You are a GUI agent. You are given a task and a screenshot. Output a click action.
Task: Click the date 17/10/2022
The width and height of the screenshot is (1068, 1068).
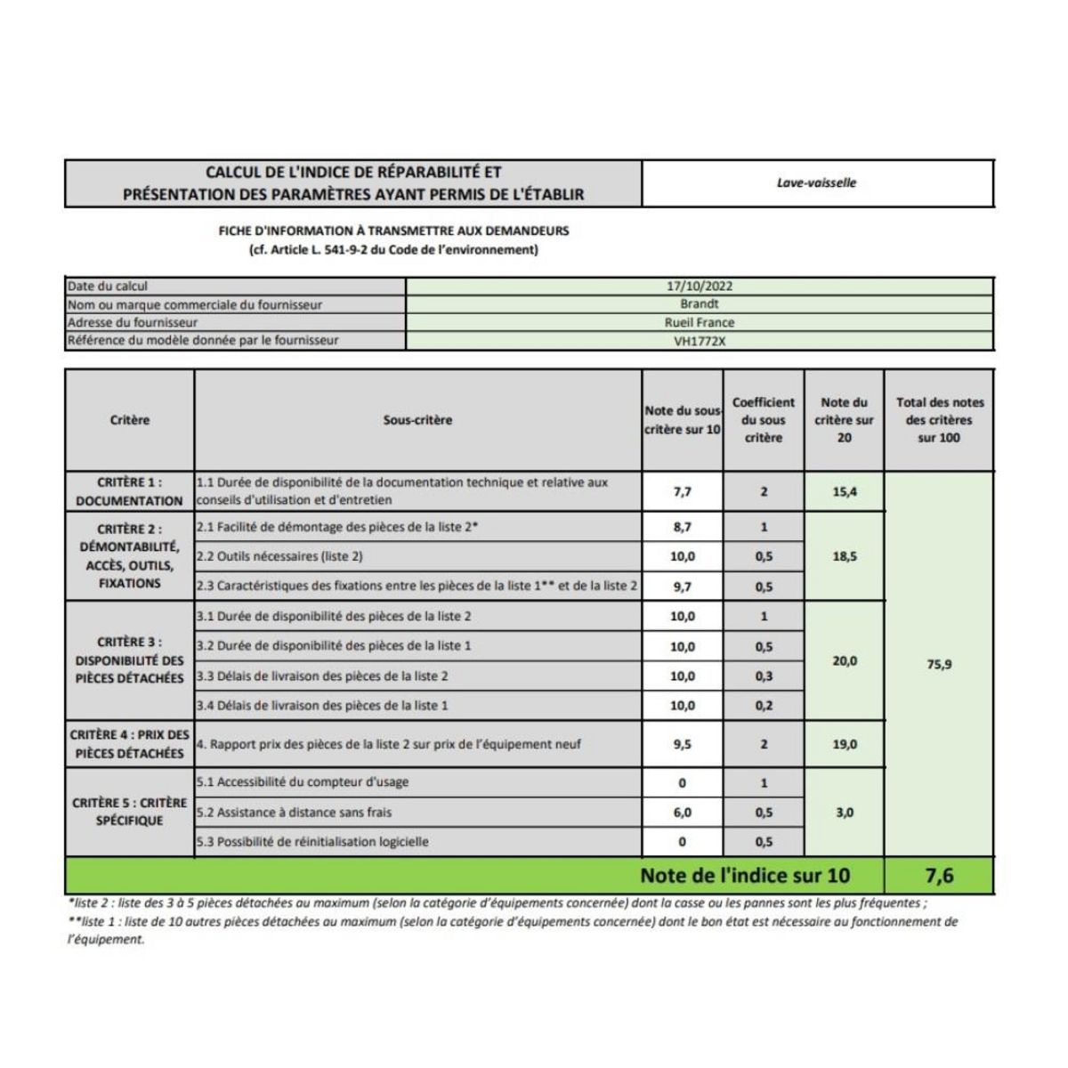(700, 287)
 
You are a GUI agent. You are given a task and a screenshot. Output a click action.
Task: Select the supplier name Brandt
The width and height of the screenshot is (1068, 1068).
(700, 304)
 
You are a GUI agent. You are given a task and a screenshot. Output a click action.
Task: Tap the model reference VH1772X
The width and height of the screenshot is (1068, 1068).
(700, 341)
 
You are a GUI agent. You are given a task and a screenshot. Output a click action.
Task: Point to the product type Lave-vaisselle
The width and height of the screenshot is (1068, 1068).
(816, 182)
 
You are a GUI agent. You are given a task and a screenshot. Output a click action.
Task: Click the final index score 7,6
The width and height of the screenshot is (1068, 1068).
(939, 876)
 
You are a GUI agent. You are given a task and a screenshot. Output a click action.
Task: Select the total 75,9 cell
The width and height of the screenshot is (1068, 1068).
(939, 664)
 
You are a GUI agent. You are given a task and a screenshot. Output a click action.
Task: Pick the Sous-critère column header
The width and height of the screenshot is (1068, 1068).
(417, 420)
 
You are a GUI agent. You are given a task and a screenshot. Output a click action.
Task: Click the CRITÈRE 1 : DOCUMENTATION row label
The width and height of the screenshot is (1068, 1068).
(129, 491)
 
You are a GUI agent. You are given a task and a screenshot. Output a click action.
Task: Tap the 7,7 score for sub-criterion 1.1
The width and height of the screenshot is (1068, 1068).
(682, 491)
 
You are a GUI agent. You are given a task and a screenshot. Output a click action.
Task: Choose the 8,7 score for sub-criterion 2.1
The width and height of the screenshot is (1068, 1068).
(682, 527)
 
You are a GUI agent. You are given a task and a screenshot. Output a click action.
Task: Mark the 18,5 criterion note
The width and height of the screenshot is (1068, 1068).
(844, 556)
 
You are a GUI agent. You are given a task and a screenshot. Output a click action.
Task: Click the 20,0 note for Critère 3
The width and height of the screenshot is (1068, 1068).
(844, 661)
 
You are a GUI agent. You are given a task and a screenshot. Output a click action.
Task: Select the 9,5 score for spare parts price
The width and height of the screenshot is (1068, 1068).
(682, 744)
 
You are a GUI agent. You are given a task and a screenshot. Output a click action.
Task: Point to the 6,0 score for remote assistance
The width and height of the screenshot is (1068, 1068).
(682, 813)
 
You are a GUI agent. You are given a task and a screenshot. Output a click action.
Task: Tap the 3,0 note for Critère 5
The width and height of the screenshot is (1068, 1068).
(844, 813)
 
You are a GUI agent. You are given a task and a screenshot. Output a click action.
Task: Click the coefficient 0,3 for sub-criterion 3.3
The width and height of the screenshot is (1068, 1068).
(764, 676)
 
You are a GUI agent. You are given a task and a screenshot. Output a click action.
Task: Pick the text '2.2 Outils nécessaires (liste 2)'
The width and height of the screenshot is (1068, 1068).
(279, 556)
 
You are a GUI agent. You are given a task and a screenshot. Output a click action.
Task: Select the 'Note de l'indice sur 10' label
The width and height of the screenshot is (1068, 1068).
(745, 876)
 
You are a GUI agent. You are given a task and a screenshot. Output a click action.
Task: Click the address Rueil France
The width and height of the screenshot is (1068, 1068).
(700, 322)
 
